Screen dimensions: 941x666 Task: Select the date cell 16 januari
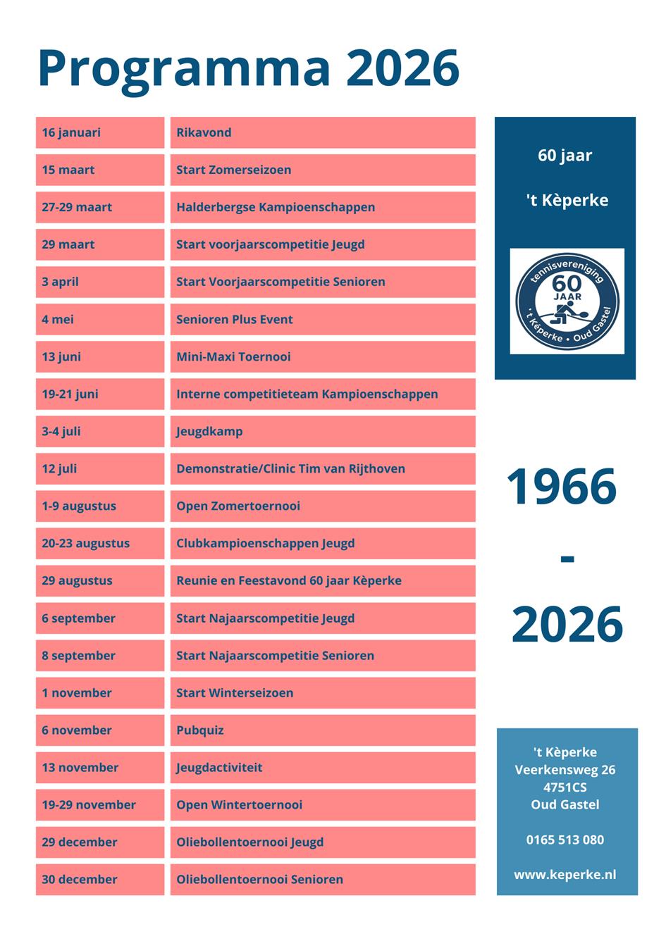point(99,132)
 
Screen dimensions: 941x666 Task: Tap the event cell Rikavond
point(322,132)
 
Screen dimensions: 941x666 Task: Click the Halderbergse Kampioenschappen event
point(322,207)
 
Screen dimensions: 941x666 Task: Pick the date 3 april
point(99,282)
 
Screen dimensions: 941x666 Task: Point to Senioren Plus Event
point(322,319)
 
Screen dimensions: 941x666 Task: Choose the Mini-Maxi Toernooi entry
point(322,356)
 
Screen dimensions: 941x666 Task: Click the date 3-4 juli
point(99,431)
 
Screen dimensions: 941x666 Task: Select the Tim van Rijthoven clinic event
point(322,468)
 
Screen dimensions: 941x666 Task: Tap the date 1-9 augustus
point(99,506)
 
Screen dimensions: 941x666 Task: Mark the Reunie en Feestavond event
point(322,580)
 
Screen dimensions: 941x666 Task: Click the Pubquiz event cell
point(322,730)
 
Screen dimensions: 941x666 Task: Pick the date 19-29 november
point(99,804)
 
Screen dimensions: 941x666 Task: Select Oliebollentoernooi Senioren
point(322,879)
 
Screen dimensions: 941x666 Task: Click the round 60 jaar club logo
point(567,301)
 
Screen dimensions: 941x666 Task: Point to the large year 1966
point(562,487)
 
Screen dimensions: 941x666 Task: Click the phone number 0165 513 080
point(565,840)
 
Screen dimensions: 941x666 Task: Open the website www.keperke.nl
point(565,874)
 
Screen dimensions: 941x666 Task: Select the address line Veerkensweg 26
point(565,770)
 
